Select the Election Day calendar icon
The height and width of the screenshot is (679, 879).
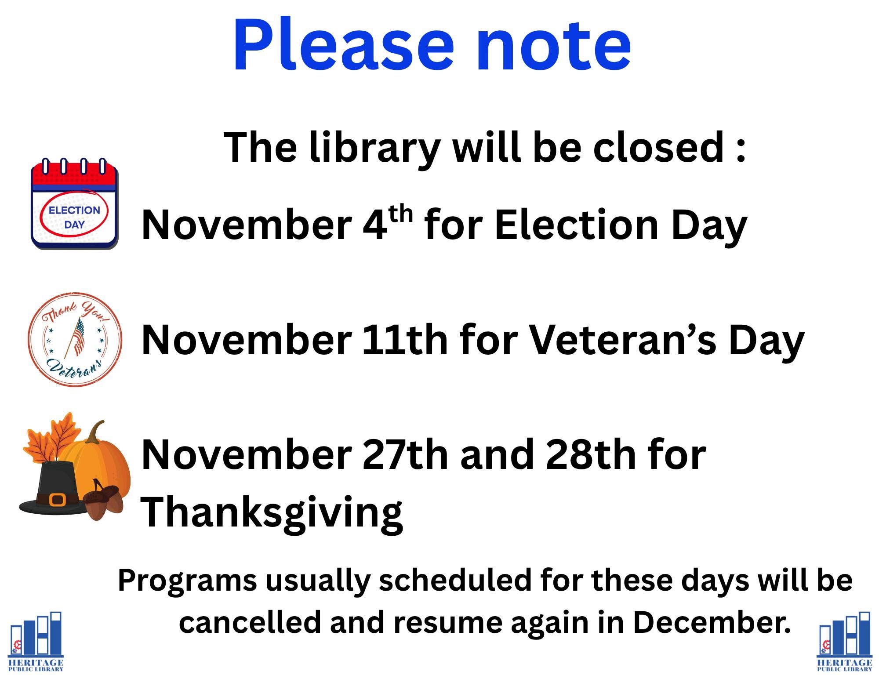click(74, 203)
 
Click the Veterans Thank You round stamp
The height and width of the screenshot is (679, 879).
click(75, 340)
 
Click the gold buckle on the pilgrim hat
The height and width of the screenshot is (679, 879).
click(58, 499)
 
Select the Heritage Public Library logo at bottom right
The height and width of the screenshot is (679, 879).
click(844, 641)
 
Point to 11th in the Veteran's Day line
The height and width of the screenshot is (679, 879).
click(404, 341)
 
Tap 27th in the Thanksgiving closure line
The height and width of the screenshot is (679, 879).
click(404, 454)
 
